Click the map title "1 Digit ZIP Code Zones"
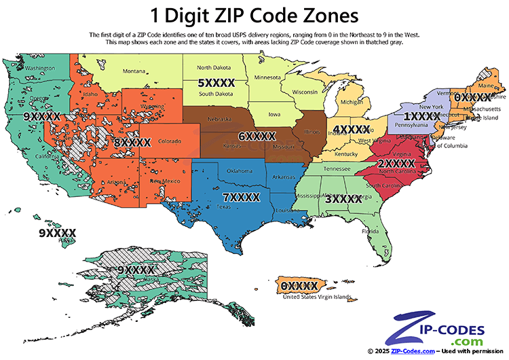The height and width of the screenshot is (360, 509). tap(254, 14)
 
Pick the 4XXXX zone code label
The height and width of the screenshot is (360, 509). tap(350, 129)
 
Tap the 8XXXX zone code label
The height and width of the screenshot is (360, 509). tap(132, 143)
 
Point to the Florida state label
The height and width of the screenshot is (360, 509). tap(370, 230)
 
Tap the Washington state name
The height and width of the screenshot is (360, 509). tap(39, 69)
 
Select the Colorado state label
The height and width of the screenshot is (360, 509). tap(169, 141)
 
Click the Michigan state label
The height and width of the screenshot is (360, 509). tap(351, 103)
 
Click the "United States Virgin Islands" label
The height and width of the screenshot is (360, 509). tap(316, 297)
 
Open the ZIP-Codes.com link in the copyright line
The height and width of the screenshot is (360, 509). tap(415, 351)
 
